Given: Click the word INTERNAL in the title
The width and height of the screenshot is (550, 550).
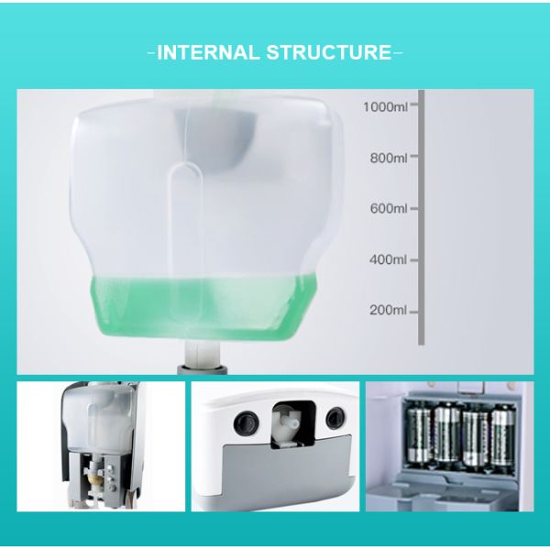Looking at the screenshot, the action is coord(208,52).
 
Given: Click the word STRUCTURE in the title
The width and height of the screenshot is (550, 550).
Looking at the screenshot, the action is coord(329,52).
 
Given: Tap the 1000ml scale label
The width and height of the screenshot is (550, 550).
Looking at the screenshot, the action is coord(385,106).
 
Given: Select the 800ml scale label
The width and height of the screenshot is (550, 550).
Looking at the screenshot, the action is coord(389,159).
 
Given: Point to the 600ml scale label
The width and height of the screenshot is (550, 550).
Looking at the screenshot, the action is coord(389,209).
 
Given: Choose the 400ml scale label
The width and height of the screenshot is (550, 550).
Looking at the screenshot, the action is coord(388,259).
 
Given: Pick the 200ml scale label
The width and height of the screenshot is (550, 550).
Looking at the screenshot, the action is coord(388,310).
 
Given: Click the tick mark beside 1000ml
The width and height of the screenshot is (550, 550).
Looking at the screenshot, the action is coord(414,104).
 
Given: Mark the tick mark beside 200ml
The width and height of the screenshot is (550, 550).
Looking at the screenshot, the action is coord(414,312).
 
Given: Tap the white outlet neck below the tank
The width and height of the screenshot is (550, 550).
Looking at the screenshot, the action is coord(203,354).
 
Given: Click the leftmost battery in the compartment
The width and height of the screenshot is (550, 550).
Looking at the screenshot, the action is coord(419,434).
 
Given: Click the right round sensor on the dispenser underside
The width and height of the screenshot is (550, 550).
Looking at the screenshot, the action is coord(335,419).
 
